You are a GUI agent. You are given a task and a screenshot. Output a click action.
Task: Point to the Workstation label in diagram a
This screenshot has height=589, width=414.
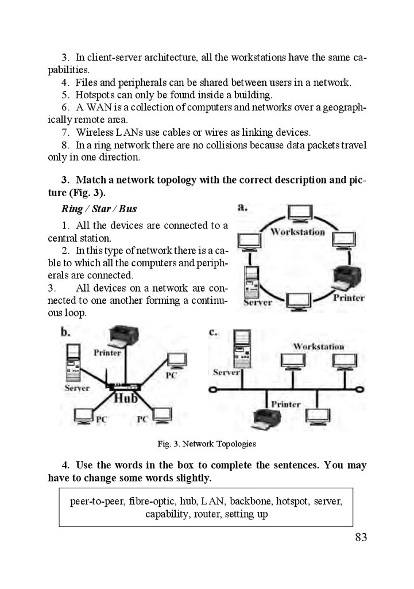point(297,232)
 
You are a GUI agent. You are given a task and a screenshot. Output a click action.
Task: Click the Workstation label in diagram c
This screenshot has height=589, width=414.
point(319,346)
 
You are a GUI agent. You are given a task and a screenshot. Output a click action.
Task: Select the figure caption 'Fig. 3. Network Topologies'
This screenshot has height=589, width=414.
point(207,444)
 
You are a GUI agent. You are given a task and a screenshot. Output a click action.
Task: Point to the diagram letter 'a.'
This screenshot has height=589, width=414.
point(242,207)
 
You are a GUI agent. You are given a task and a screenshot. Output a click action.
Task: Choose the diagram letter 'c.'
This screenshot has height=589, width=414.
point(213,332)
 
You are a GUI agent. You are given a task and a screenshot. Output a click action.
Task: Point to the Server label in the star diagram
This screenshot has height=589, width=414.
point(76,388)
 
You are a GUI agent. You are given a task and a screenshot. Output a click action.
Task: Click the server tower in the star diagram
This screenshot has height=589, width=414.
point(74,364)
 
